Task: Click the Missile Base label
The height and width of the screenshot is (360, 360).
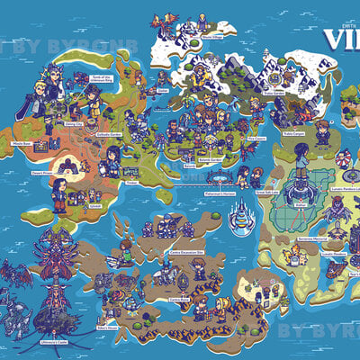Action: pyautogui.click(x=19, y=142)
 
